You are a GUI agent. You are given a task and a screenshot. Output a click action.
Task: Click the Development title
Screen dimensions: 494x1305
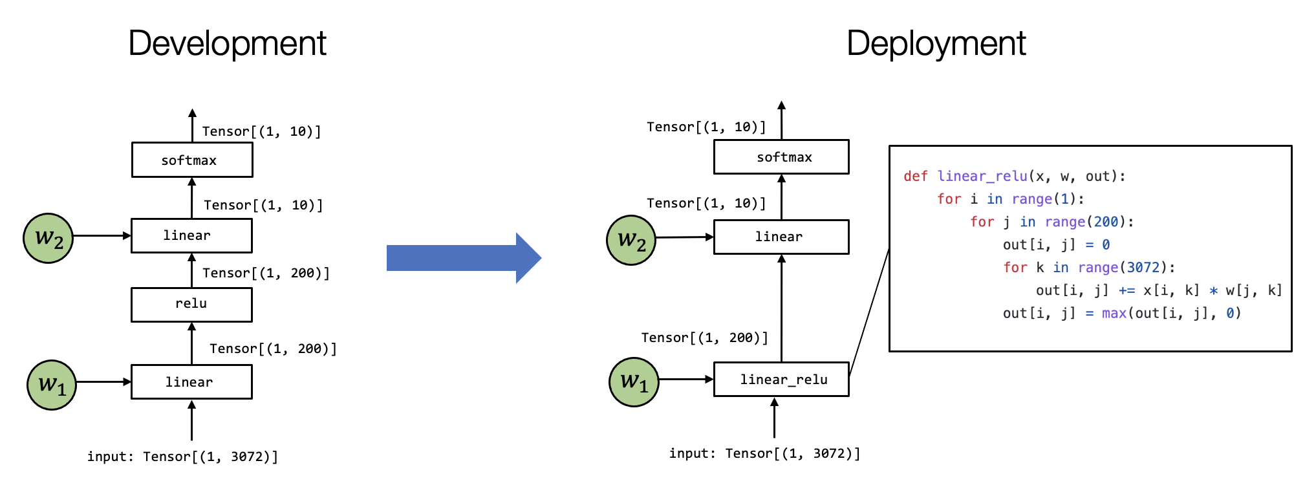coord(228,44)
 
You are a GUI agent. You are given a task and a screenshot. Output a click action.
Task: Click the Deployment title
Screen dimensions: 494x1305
coord(936,44)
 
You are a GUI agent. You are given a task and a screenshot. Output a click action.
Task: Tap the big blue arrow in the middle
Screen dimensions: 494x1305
coord(463,258)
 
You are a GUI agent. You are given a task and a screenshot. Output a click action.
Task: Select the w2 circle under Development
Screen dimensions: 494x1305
coord(49,238)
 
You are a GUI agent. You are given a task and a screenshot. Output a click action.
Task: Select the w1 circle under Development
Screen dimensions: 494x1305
coord(52,385)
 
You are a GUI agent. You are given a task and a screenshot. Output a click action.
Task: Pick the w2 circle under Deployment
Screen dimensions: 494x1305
coord(631,240)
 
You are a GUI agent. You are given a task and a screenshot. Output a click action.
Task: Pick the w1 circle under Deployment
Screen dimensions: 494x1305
coord(634,382)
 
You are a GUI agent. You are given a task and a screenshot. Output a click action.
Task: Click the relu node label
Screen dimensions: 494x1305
coord(191,303)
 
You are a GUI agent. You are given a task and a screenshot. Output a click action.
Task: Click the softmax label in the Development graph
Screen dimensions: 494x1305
coord(189,160)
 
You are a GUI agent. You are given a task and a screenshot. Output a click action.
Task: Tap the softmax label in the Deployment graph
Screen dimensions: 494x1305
coord(784,157)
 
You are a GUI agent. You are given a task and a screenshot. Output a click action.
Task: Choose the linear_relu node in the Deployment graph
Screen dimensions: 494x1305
coord(784,380)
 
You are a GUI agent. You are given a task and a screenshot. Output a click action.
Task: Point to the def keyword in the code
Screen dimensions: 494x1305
coord(915,176)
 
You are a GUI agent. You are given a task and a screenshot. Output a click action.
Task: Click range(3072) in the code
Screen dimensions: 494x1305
coord(1126,267)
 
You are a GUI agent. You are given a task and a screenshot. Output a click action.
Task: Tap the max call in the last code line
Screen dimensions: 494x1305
coord(1114,313)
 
